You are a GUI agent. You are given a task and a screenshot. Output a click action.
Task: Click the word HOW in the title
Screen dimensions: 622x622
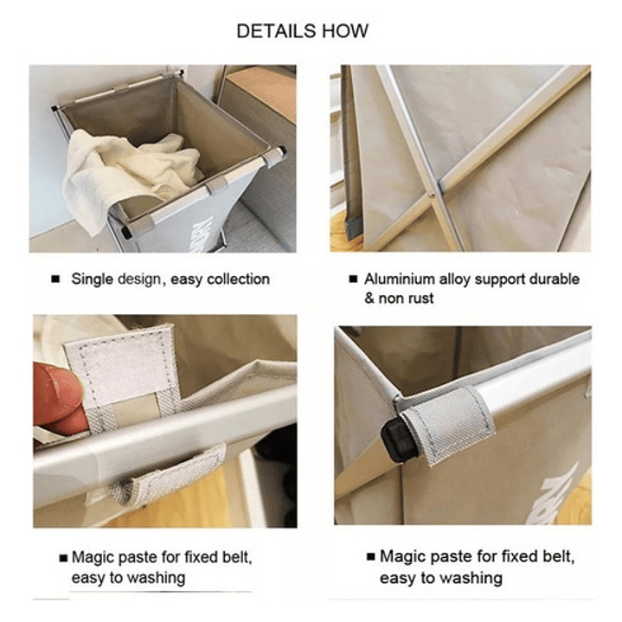pyautogui.click(x=345, y=31)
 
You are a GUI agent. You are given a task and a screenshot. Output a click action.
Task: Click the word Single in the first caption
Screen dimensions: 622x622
pyautogui.click(x=92, y=279)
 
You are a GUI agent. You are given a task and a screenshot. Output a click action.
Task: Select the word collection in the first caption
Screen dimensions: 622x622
pyautogui.click(x=239, y=279)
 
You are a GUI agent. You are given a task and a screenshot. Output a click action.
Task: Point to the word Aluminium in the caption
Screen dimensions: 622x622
pyautogui.click(x=400, y=279)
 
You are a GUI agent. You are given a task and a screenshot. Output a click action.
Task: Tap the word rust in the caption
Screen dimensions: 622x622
pyautogui.click(x=420, y=298)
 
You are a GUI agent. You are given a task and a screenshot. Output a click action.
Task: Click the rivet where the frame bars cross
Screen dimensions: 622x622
pyautogui.click(x=432, y=195)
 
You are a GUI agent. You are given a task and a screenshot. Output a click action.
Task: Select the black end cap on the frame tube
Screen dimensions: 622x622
pyautogui.click(x=393, y=440)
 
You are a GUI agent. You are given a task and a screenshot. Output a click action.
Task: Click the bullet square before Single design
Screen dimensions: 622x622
pyautogui.click(x=55, y=279)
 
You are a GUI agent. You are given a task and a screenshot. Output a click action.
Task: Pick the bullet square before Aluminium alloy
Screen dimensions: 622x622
pyautogui.click(x=353, y=279)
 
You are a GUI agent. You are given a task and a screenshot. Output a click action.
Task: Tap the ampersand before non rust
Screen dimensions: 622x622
pyautogui.click(x=369, y=298)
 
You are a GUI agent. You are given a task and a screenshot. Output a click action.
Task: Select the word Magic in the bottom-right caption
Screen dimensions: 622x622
pyautogui.click(x=402, y=556)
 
